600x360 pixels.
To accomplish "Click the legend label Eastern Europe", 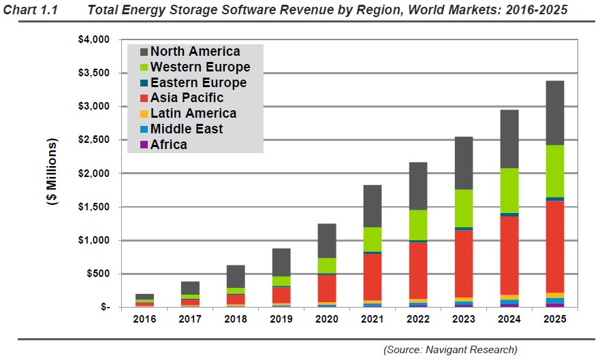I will pyautogui.click(x=198, y=82).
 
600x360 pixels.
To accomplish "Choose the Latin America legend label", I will pyautogui.click(x=193, y=114).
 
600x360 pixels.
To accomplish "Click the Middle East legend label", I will pyautogui.click(x=187, y=129).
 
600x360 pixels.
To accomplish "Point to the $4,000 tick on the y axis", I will pyautogui.click(x=93, y=39).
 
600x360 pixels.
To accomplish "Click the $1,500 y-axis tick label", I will pyautogui.click(x=93, y=207).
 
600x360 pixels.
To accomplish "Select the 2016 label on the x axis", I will pyautogui.click(x=144, y=319).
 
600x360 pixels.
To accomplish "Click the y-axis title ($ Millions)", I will pyautogui.click(x=52, y=174).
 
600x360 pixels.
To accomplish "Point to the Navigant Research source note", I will pyautogui.click(x=450, y=349).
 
